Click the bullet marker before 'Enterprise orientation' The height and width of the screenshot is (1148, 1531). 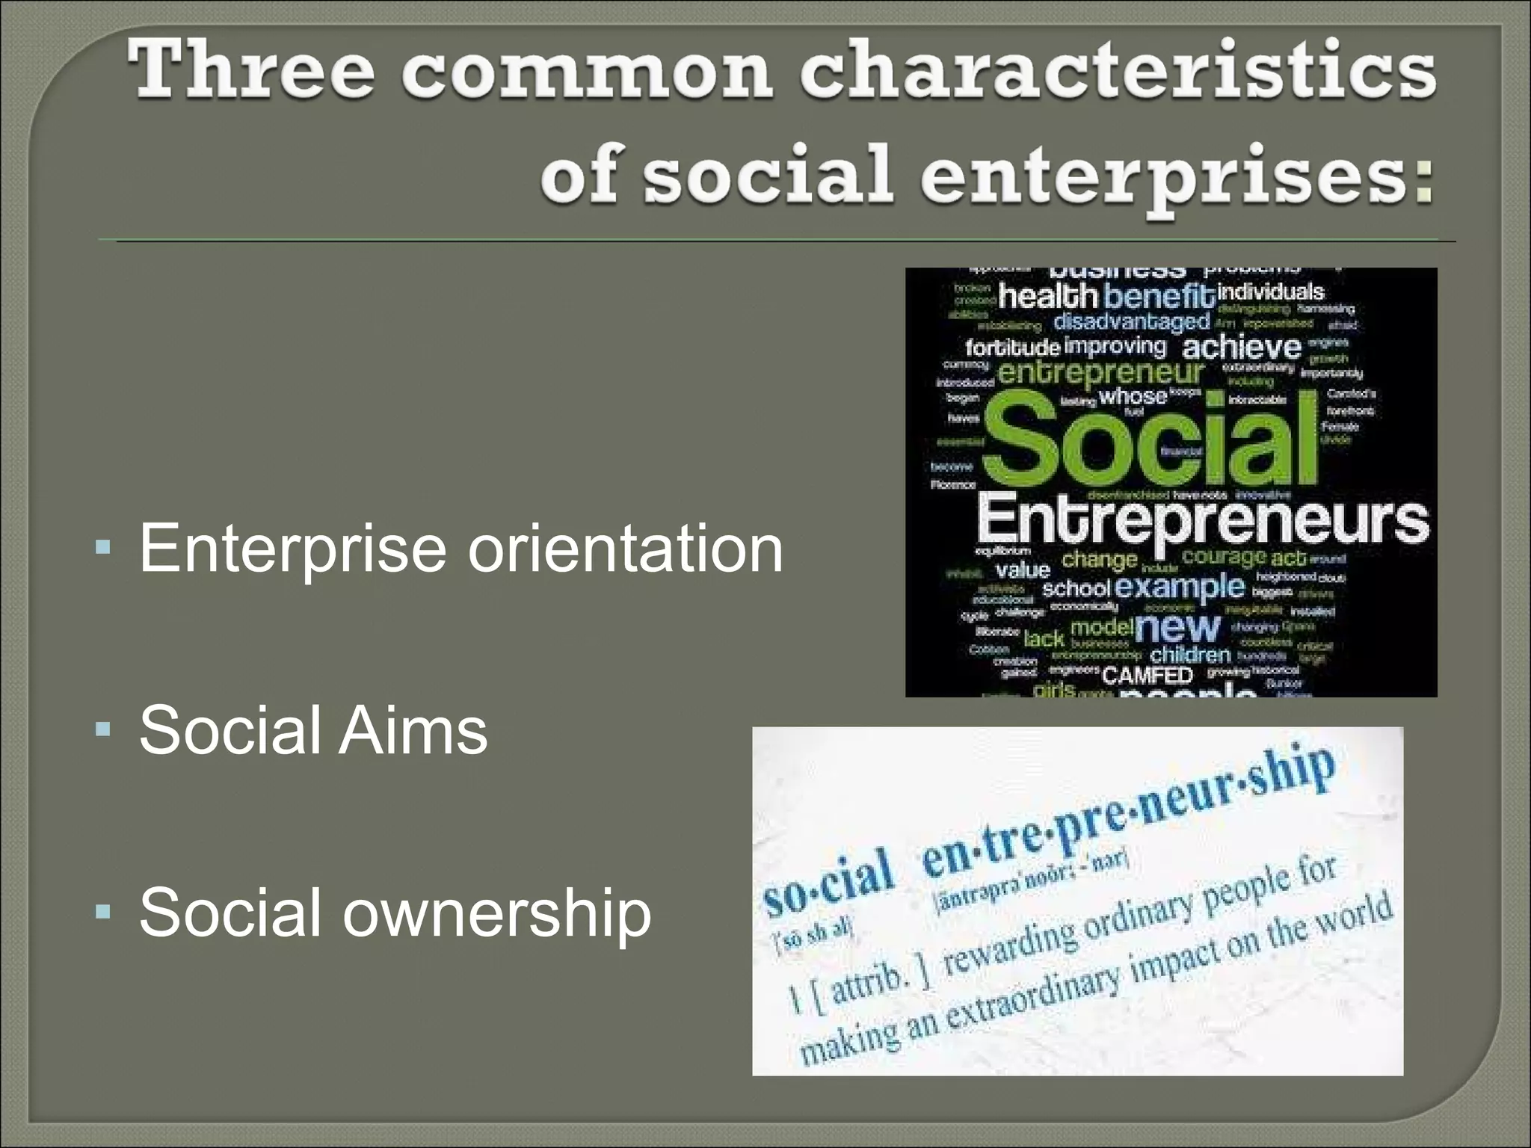103,549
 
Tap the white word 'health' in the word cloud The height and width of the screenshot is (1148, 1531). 1047,297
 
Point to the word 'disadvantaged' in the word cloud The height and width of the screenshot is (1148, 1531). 1131,322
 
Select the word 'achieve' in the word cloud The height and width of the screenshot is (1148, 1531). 1242,348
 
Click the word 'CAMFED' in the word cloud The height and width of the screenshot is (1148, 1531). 1147,676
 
